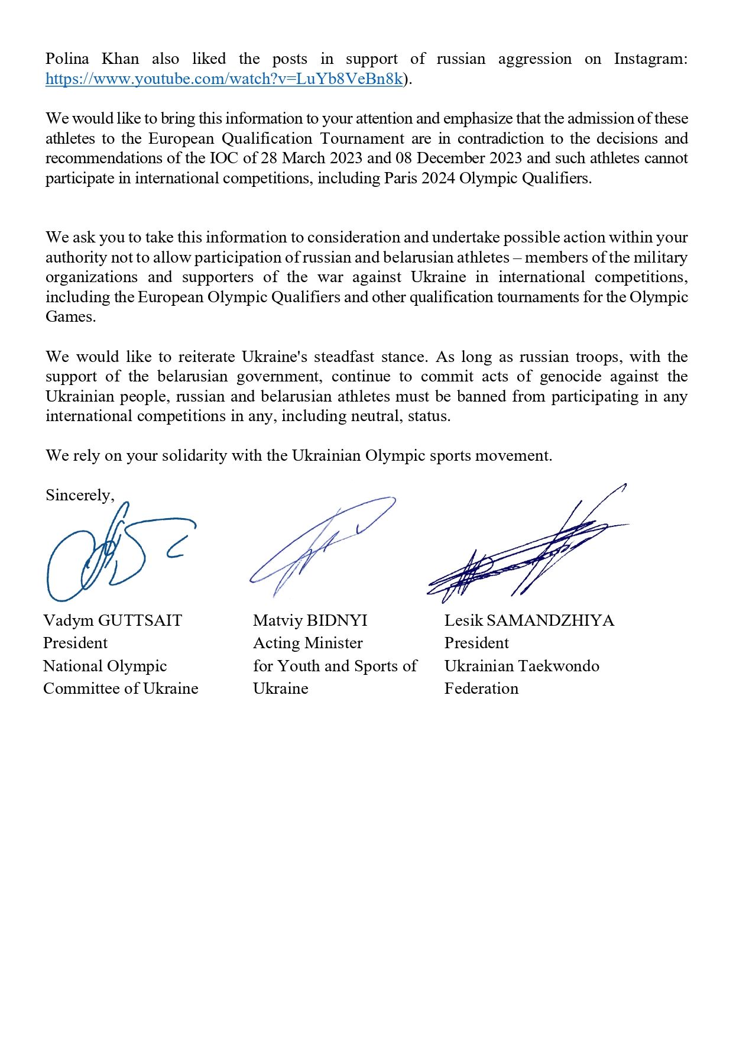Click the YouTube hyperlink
click(x=224, y=79)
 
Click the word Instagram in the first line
click(x=650, y=59)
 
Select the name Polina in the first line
click(x=67, y=59)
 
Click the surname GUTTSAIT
click(x=140, y=620)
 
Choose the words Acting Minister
click(x=308, y=643)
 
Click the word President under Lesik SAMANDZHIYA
click(x=476, y=643)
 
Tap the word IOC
click(x=224, y=159)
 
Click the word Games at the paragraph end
click(x=70, y=317)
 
